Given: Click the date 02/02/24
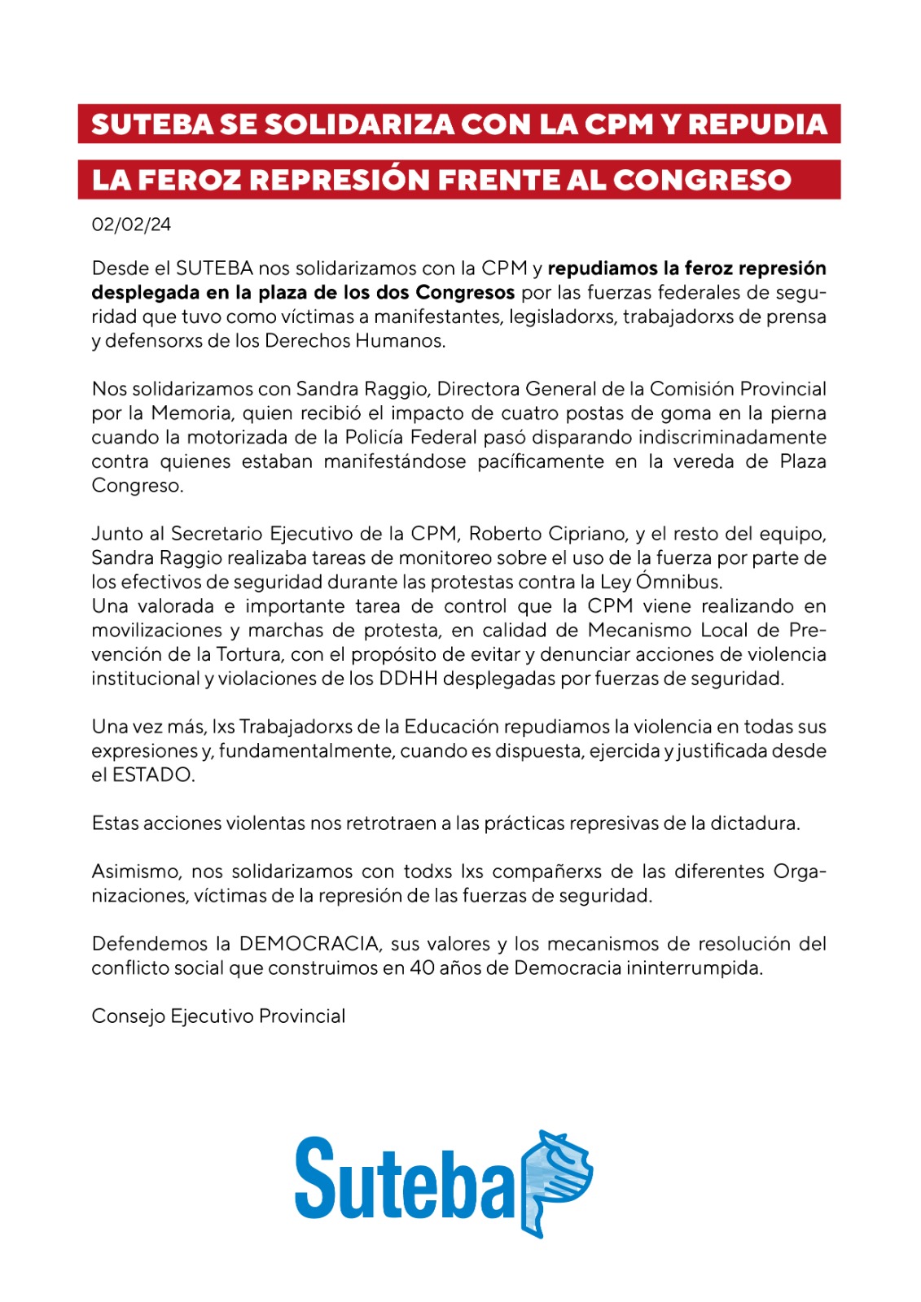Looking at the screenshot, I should click(131, 225).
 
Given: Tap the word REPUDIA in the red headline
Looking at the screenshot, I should click(757, 125).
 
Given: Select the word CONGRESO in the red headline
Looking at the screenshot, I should click(702, 180).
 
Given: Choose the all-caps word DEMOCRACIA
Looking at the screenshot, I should click(309, 944).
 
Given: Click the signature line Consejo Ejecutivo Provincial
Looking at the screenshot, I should click(218, 1016).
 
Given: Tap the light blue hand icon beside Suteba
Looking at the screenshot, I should click(555, 1180).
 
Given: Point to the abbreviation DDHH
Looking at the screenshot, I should click(410, 679).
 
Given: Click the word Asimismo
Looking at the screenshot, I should click(135, 872).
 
